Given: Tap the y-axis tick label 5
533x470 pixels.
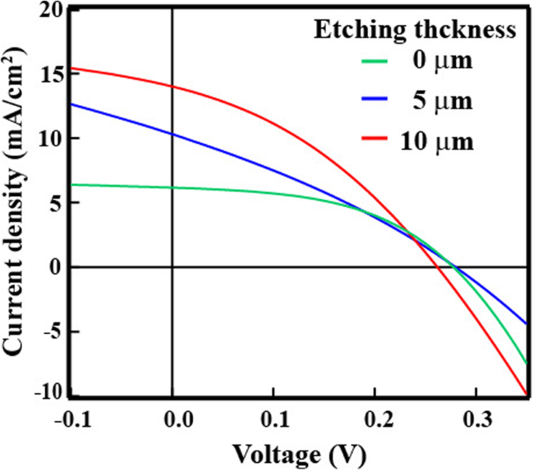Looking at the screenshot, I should (58, 202).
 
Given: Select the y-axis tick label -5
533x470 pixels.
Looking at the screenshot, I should (53, 331).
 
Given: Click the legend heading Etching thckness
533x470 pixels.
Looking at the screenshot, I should (416, 30).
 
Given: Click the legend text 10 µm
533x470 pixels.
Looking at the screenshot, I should (437, 141).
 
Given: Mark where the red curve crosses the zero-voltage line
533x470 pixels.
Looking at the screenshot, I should (172, 86).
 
